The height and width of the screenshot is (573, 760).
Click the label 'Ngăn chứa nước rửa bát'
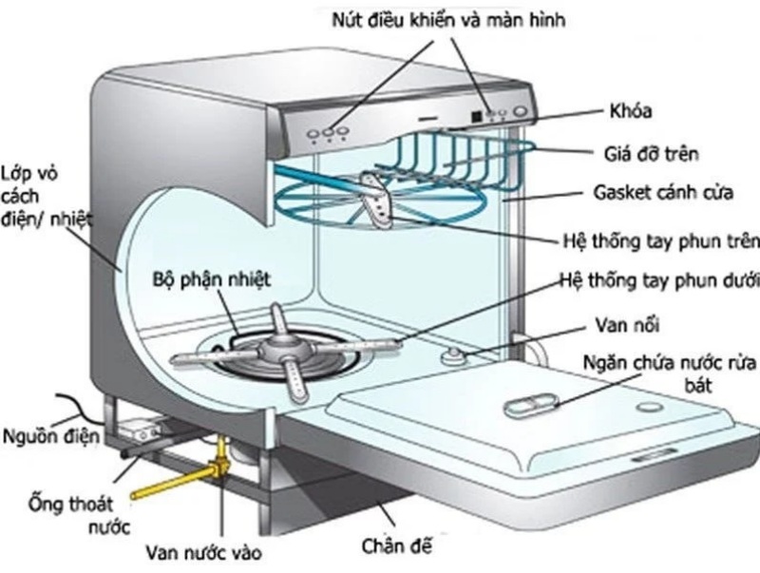coord(663,373)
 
